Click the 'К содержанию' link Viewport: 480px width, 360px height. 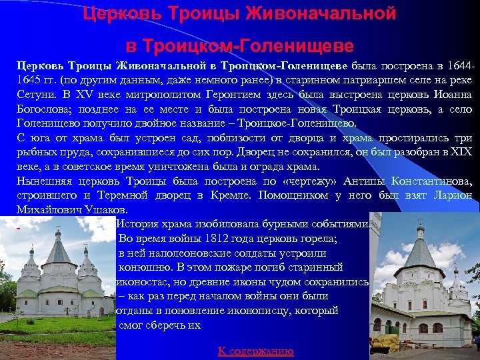click(x=256, y=351)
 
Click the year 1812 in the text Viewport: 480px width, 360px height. click(x=220, y=239)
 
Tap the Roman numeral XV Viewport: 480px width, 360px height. click(x=83, y=95)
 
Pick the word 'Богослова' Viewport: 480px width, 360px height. click(x=44, y=110)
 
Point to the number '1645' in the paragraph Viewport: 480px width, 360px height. click(x=31, y=81)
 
